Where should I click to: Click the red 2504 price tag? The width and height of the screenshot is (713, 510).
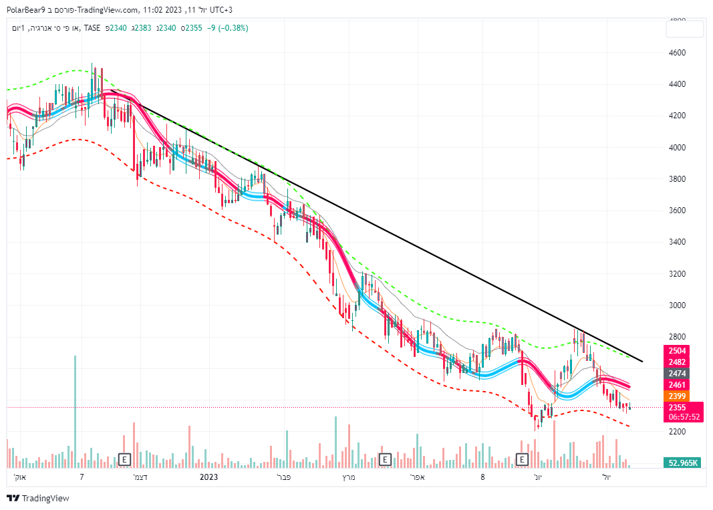(677, 351)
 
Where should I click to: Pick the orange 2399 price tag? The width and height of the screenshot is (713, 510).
(677, 396)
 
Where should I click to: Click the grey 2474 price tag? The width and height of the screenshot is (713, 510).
(677, 373)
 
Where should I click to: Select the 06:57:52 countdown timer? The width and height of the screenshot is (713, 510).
(684, 417)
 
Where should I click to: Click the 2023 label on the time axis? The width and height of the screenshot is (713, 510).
(209, 477)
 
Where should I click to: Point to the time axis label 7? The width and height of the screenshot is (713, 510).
(82, 477)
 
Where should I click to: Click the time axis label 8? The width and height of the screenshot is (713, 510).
(482, 477)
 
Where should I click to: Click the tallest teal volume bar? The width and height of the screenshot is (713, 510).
(75, 411)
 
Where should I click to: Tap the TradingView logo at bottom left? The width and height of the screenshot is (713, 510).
(38, 498)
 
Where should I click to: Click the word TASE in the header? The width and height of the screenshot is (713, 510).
(92, 28)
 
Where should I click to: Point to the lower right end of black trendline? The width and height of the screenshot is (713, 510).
(642, 362)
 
